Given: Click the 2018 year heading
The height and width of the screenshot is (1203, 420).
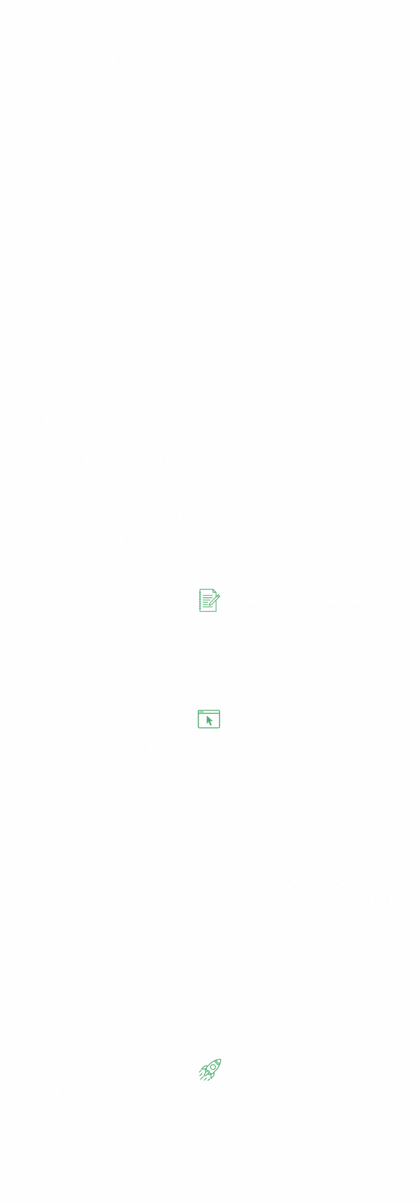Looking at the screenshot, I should tap(251, 105).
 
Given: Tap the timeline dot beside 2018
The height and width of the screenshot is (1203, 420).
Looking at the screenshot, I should tap(211, 102).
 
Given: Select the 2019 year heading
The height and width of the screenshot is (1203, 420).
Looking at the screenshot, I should tap(174, 335).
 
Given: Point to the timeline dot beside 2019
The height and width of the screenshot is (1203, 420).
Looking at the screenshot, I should tap(210, 331).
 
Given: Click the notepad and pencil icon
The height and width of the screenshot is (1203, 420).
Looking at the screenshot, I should tap(209, 600).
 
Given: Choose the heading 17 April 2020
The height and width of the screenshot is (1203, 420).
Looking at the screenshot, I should tap(309, 600).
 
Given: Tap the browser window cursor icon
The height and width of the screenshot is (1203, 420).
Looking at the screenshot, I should tap(209, 719).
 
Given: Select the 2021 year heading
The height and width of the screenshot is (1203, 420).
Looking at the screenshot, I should tap(158, 721).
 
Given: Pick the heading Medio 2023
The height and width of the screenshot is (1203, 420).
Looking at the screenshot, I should tap(282, 855).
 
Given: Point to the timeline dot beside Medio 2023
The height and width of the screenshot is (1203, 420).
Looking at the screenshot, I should tap(211, 854).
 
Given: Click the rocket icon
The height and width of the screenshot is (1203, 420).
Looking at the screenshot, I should tap(210, 1070).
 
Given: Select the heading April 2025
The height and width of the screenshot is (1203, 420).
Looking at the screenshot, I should tap(134, 1068).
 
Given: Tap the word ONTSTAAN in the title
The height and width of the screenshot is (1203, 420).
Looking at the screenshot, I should tap(206, 34).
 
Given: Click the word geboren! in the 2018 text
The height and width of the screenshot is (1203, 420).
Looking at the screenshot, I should tap(263, 289).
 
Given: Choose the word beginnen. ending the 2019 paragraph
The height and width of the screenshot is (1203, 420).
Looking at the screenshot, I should tap(158, 537).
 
